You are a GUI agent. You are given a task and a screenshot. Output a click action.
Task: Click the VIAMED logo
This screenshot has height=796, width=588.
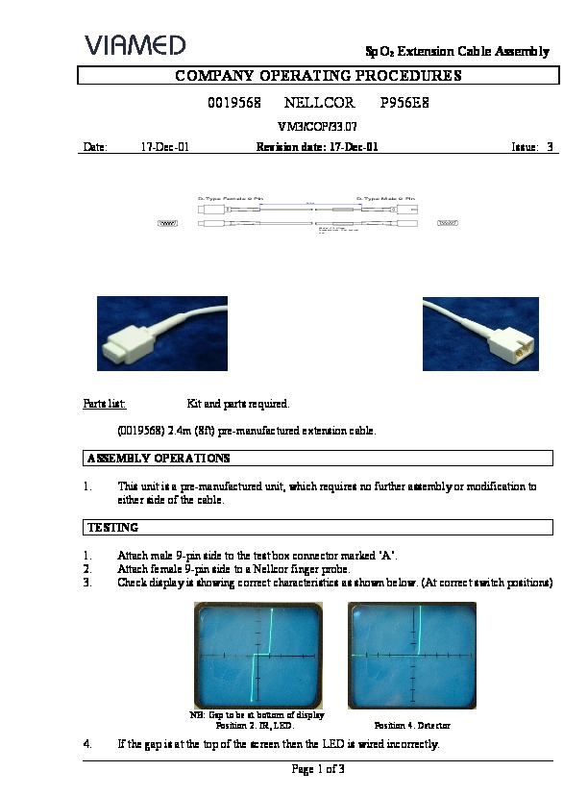135,44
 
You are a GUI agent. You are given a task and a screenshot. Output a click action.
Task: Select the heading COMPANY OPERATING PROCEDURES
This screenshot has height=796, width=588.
318,76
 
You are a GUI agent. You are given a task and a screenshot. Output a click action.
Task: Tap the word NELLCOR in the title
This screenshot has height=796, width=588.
320,103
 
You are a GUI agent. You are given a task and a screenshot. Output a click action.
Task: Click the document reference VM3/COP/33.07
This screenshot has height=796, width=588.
317,126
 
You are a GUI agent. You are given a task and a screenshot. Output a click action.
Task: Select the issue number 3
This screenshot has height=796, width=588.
549,147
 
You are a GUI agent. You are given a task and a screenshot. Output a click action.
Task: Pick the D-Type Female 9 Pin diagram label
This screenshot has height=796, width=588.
231,198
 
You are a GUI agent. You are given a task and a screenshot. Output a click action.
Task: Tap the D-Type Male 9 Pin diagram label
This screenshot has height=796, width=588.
387,198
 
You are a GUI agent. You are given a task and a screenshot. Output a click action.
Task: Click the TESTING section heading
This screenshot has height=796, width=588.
113,527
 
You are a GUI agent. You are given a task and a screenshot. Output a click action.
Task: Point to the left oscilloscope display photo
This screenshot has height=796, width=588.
257,655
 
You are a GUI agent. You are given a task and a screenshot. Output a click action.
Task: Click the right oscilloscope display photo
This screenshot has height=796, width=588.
412,655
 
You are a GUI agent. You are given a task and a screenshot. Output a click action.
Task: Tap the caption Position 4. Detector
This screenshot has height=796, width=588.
412,725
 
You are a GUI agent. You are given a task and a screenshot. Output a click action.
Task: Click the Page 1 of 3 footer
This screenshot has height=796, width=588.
317,769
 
